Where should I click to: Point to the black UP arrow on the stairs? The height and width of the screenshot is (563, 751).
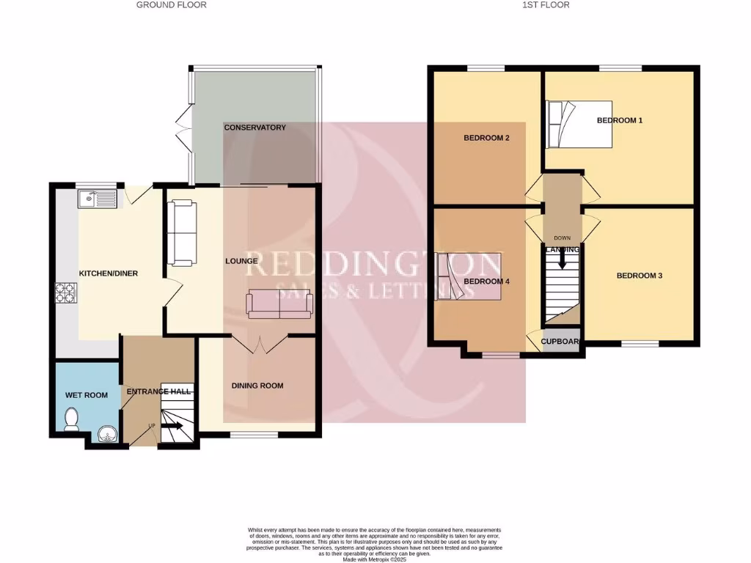pyautogui.click(x=172, y=425)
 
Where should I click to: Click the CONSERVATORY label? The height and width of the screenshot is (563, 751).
pyautogui.click(x=254, y=128)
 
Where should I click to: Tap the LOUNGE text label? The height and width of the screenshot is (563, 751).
pyautogui.click(x=241, y=261)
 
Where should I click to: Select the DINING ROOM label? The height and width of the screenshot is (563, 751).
pyautogui.click(x=257, y=386)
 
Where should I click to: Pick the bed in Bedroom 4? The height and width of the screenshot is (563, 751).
pyautogui.click(x=469, y=276)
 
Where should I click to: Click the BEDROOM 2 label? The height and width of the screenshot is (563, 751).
pyautogui.click(x=486, y=138)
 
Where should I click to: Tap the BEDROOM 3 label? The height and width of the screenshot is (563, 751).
pyautogui.click(x=639, y=276)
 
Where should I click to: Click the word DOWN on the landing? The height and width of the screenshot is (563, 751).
pyautogui.click(x=563, y=238)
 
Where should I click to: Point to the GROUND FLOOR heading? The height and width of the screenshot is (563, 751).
pyautogui.click(x=172, y=5)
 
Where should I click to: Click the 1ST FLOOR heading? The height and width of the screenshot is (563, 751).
pyautogui.click(x=545, y=5)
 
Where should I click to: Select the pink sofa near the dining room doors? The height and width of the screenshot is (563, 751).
pyautogui.click(x=280, y=303)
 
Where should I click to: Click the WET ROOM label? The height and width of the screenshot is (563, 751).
pyautogui.click(x=87, y=395)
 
